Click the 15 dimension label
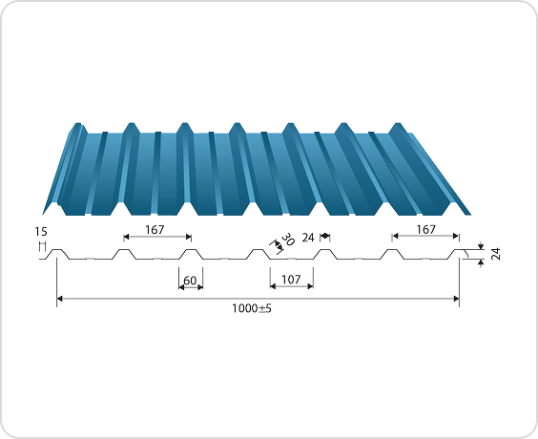pos(40,232)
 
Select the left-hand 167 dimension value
pos(157,229)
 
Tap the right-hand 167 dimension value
pos(426,229)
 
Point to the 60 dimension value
pos(191,281)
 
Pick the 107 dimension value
pos(291,281)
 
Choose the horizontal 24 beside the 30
pos(309,236)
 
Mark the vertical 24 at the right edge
pos(495,254)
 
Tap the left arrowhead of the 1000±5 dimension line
pos(60,299)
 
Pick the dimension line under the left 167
pos(157,237)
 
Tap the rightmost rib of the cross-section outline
pos(458,253)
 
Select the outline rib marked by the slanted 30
pos(259,253)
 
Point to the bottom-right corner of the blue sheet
pos(469,212)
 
